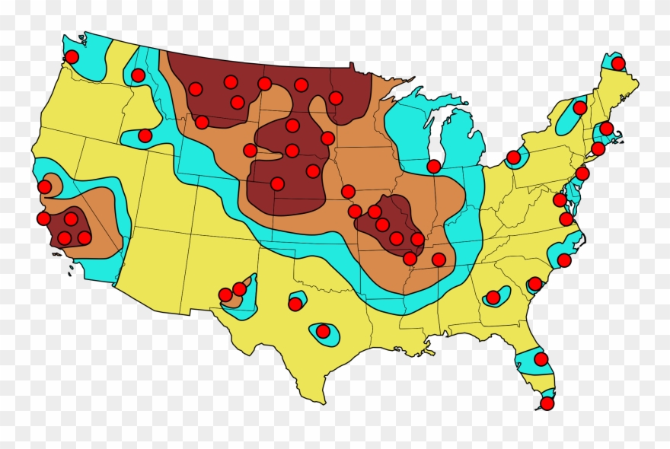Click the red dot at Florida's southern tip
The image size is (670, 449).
point(547,403)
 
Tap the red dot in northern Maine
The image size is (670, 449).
point(617,63)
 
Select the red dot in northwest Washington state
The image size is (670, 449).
point(72,56)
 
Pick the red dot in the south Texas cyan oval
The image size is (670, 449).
point(323,331)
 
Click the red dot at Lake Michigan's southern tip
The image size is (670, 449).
point(433,166)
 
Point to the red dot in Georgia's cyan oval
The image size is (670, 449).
point(493,297)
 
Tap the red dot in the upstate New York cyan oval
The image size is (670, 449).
point(579,107)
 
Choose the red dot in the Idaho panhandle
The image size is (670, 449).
point(138,75)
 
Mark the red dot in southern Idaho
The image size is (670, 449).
point(145,135)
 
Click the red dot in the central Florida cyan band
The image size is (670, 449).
point(541,358)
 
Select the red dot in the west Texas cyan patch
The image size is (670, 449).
point(295,304)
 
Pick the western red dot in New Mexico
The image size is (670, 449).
point(225,295)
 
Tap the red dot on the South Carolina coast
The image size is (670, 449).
point(534,284)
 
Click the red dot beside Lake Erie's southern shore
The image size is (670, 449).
point(513,157)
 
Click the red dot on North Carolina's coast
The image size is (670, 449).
point(563,260)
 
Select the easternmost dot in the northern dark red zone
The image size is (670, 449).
point(335,97)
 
